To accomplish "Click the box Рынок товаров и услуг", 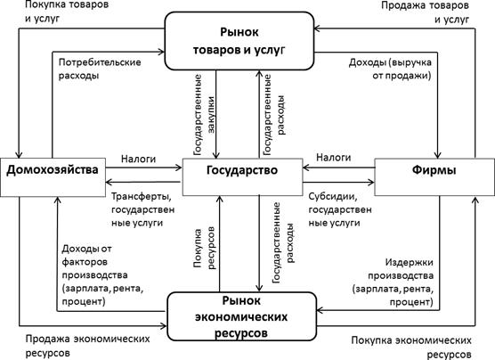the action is click(x=239, y=41).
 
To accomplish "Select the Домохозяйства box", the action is click(x=53, y=177).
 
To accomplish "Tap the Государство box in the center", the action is click(x=242, y=176).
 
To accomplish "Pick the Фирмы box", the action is click(x=434, y=176).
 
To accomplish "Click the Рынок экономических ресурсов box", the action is click(x=241, y=316).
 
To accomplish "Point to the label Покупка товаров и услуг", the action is click(x=67, y=12).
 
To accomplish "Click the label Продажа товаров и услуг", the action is click(x=425, y=12).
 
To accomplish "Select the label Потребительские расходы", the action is click(x=100, y=69).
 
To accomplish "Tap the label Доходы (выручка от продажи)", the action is click(x=390, y=69).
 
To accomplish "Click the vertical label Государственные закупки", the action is click(x=204, y=115).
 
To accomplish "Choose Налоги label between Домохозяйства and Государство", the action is click(x=139, y=159).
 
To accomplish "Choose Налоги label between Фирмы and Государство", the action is click(x=333, y=157).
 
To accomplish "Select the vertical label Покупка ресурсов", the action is click(x=204, y=248).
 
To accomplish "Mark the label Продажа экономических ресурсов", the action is click(x=87, y=346).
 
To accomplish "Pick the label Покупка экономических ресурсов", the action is click(x=411, y=347).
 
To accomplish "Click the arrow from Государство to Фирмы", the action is click(x=338, y=182).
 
